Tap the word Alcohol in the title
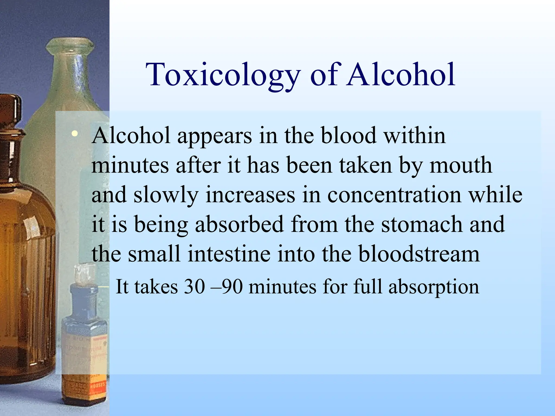pyautogui.click(x=401, y=74)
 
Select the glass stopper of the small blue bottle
pyautogui.click(x=84, y=274)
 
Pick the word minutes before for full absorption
pyautogui.click(x=282, y=287)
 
